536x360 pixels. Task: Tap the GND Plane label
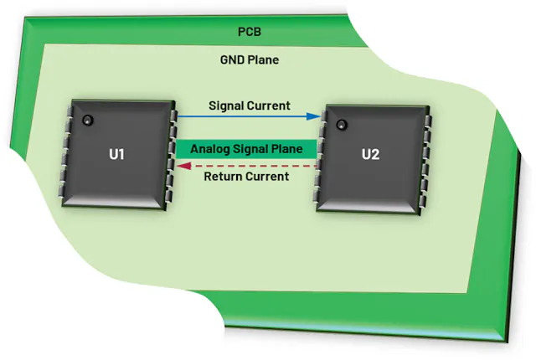click(x=250, y=60)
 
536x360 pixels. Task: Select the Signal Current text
click(x=249, y=106)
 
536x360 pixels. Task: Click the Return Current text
click(x=247, y=177)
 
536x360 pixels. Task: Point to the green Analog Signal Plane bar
click(x=246, y=149)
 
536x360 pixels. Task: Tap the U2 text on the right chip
click(x=371, y=154)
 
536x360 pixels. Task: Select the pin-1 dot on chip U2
click(x=341, y=126)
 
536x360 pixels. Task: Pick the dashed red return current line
click(x=251, y=166)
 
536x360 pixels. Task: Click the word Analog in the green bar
click(x=210, y=149)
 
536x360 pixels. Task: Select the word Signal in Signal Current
click(x=227, y=106)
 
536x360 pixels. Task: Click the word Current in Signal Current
click(x=269, y=106)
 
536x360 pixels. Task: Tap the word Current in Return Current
click(x=267, y=177)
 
